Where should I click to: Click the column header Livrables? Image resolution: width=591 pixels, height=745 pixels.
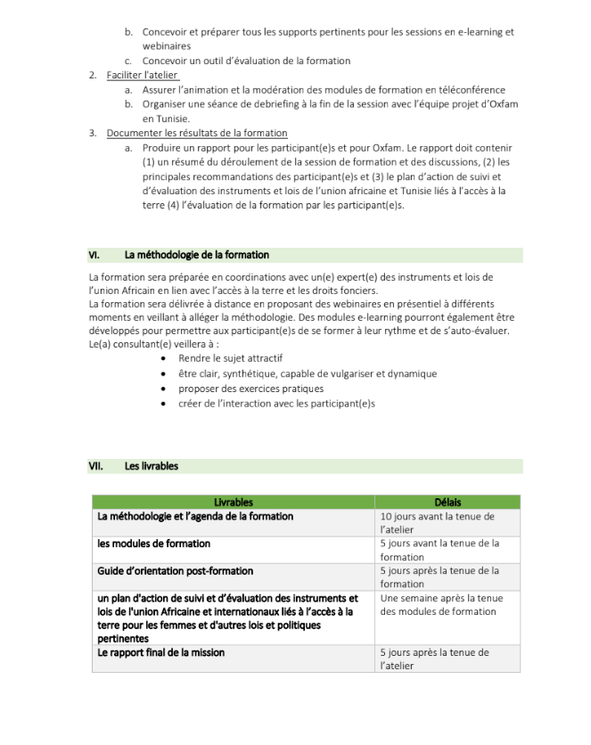234,502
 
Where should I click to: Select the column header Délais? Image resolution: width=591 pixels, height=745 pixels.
447,502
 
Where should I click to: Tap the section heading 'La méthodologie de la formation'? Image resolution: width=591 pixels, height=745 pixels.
196,255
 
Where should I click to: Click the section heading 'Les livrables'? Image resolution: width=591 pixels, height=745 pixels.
152,465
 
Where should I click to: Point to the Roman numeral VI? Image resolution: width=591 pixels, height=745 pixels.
94,255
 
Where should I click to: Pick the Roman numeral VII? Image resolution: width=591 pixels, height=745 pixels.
96,465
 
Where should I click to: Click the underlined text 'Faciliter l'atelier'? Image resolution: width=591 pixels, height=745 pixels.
142,75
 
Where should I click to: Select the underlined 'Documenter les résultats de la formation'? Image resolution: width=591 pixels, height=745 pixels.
197,133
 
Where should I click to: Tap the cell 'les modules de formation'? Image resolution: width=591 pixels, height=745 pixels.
154,543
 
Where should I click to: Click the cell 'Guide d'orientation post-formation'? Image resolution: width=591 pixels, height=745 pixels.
176,570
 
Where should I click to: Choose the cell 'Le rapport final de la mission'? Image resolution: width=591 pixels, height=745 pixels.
161,652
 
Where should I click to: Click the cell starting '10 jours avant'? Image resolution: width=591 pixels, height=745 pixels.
437,522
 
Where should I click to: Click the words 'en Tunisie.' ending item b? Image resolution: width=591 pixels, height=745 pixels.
166,119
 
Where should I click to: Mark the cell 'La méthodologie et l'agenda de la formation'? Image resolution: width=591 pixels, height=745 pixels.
195,516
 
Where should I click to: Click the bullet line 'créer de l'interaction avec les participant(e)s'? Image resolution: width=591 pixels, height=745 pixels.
276,403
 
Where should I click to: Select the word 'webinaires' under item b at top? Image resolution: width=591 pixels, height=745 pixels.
167,45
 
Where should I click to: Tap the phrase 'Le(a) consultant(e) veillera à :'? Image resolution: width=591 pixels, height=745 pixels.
148,344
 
